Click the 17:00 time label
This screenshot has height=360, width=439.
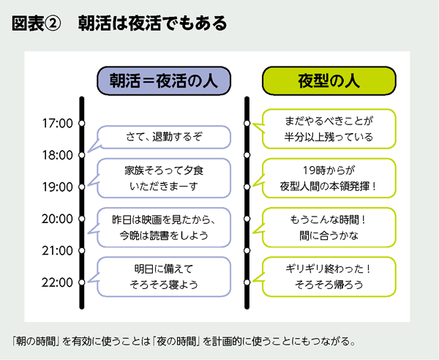[57, 123]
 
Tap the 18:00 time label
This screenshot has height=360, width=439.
[57, 155]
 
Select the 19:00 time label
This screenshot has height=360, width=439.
[57, 187]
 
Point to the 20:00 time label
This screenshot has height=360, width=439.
[57, 219]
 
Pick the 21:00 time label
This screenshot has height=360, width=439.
[57, 250]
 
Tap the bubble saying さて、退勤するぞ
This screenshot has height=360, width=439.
[163, 137]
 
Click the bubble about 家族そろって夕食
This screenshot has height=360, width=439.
[163, 178]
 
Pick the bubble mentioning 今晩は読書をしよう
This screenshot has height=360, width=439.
[163, 227]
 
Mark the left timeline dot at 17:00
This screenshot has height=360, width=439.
[82, 123]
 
